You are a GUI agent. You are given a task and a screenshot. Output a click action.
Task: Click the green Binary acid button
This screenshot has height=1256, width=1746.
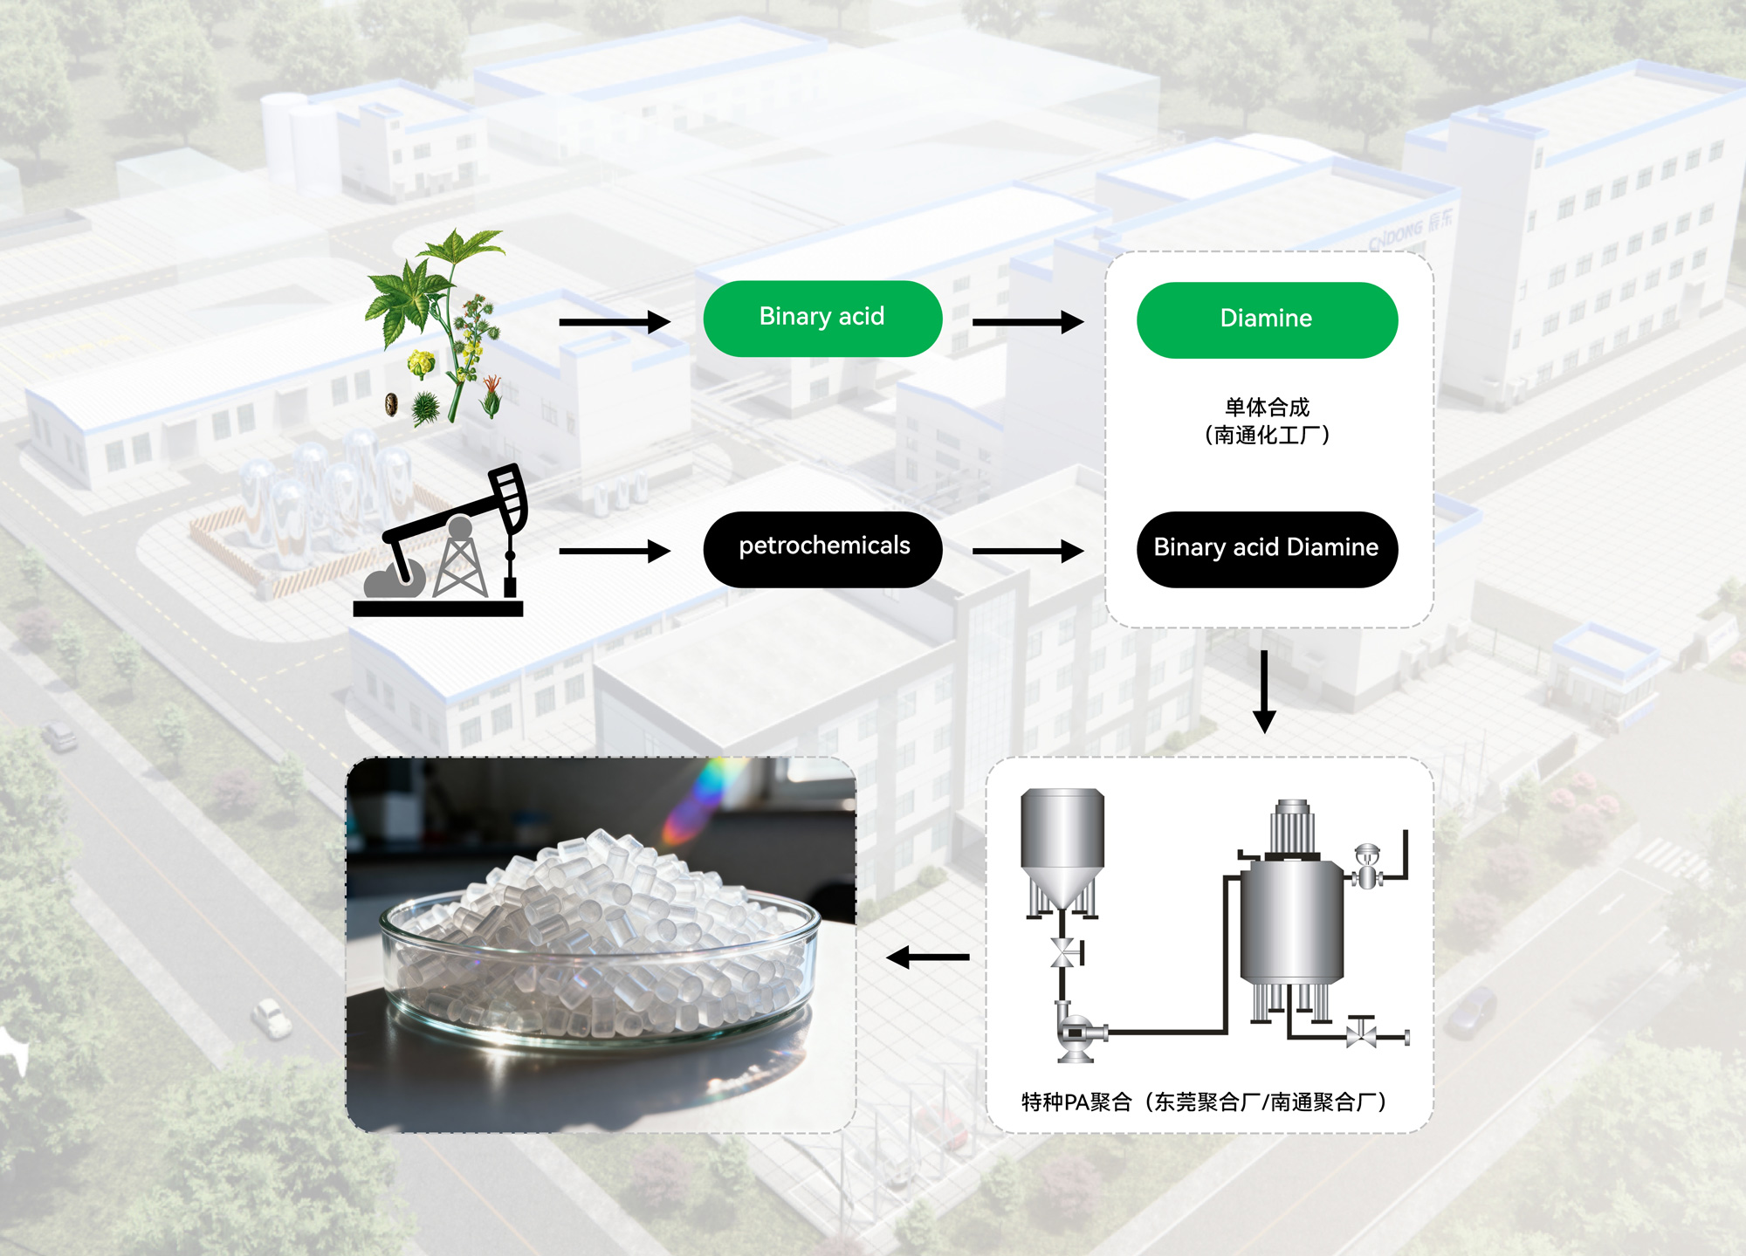tap(822, 319)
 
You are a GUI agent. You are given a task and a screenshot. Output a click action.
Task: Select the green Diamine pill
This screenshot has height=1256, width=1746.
tap(1266, 319)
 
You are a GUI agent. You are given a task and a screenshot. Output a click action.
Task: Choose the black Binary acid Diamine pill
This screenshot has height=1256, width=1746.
tap(1266, 549)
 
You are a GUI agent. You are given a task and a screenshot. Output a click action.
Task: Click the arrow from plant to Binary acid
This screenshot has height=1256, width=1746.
tap(614, 322)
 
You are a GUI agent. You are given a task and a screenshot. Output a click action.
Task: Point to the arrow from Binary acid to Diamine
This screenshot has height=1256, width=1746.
tap(1028, 322)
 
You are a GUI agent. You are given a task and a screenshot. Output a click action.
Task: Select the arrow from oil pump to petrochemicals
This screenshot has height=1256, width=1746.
tap(614, 551)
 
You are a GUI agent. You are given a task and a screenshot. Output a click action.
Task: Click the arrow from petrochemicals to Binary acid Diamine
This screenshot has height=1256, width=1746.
tap(1028, 551)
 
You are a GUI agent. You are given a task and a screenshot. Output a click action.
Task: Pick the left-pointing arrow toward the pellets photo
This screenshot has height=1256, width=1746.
tap(927, 957)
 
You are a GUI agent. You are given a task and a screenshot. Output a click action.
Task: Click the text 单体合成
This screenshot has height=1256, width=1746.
tap(1267, 407)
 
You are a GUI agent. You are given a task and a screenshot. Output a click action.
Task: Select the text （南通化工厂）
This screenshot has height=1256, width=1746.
tap(1267, 435)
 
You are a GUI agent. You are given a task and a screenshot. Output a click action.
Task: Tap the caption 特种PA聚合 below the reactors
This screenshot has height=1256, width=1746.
tap(1076, 1102)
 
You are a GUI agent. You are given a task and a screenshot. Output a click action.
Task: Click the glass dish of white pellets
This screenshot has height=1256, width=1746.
tap(600, 951)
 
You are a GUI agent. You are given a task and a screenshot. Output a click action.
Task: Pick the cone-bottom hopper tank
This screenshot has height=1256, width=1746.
tap(1062, 851)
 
